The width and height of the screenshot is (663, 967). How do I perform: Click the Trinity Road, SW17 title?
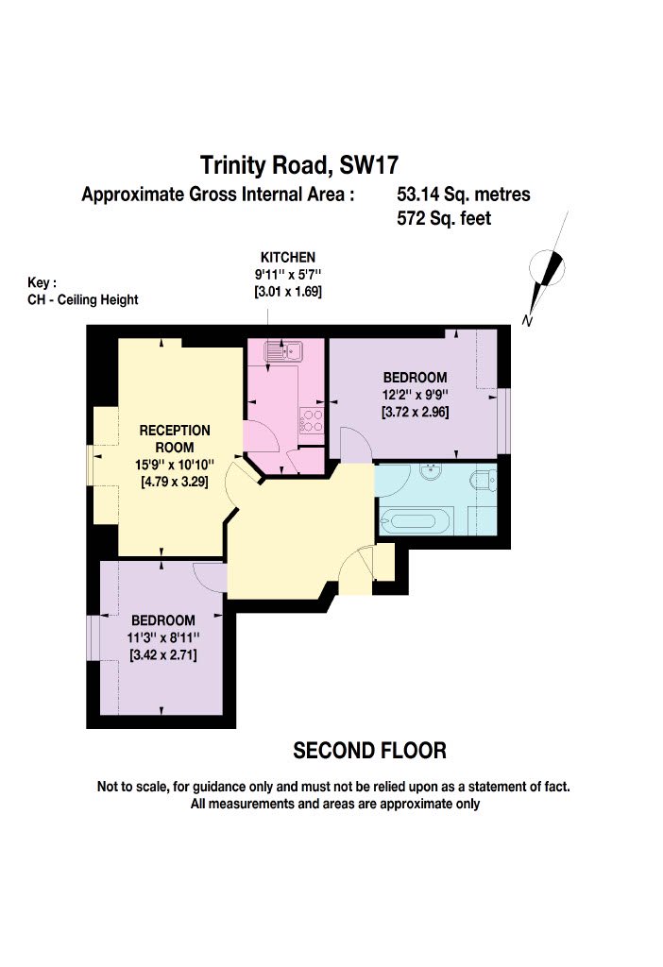(299, 165)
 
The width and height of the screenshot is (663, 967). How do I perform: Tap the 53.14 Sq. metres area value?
(463, 195)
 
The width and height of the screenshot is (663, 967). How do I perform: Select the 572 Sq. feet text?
(444, 218)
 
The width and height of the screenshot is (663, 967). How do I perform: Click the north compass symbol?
(547, 266)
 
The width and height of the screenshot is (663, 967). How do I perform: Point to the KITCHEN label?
(288, 257)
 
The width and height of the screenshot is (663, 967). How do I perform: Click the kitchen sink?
(282, 351)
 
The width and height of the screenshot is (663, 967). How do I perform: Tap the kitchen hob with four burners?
(311, 420)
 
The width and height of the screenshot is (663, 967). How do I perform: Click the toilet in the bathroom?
(483, 480)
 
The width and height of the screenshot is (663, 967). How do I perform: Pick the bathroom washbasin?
(432, 472)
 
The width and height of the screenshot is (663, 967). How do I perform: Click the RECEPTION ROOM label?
(175, 438)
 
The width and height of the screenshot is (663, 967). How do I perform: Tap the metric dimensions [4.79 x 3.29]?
(175, 482)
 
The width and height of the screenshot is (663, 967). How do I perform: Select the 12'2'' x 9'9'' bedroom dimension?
(415, 395)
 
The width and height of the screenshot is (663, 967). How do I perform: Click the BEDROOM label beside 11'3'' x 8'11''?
(162, 620)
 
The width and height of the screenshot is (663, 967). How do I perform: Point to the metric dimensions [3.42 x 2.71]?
(162, 655)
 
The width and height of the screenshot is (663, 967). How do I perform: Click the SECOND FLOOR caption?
(369, 751)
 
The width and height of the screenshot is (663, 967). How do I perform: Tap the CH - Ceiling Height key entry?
(83, 300)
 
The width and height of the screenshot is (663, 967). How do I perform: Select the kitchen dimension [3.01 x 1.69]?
(288, 291)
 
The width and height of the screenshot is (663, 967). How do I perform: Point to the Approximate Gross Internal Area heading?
(218, 195)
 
